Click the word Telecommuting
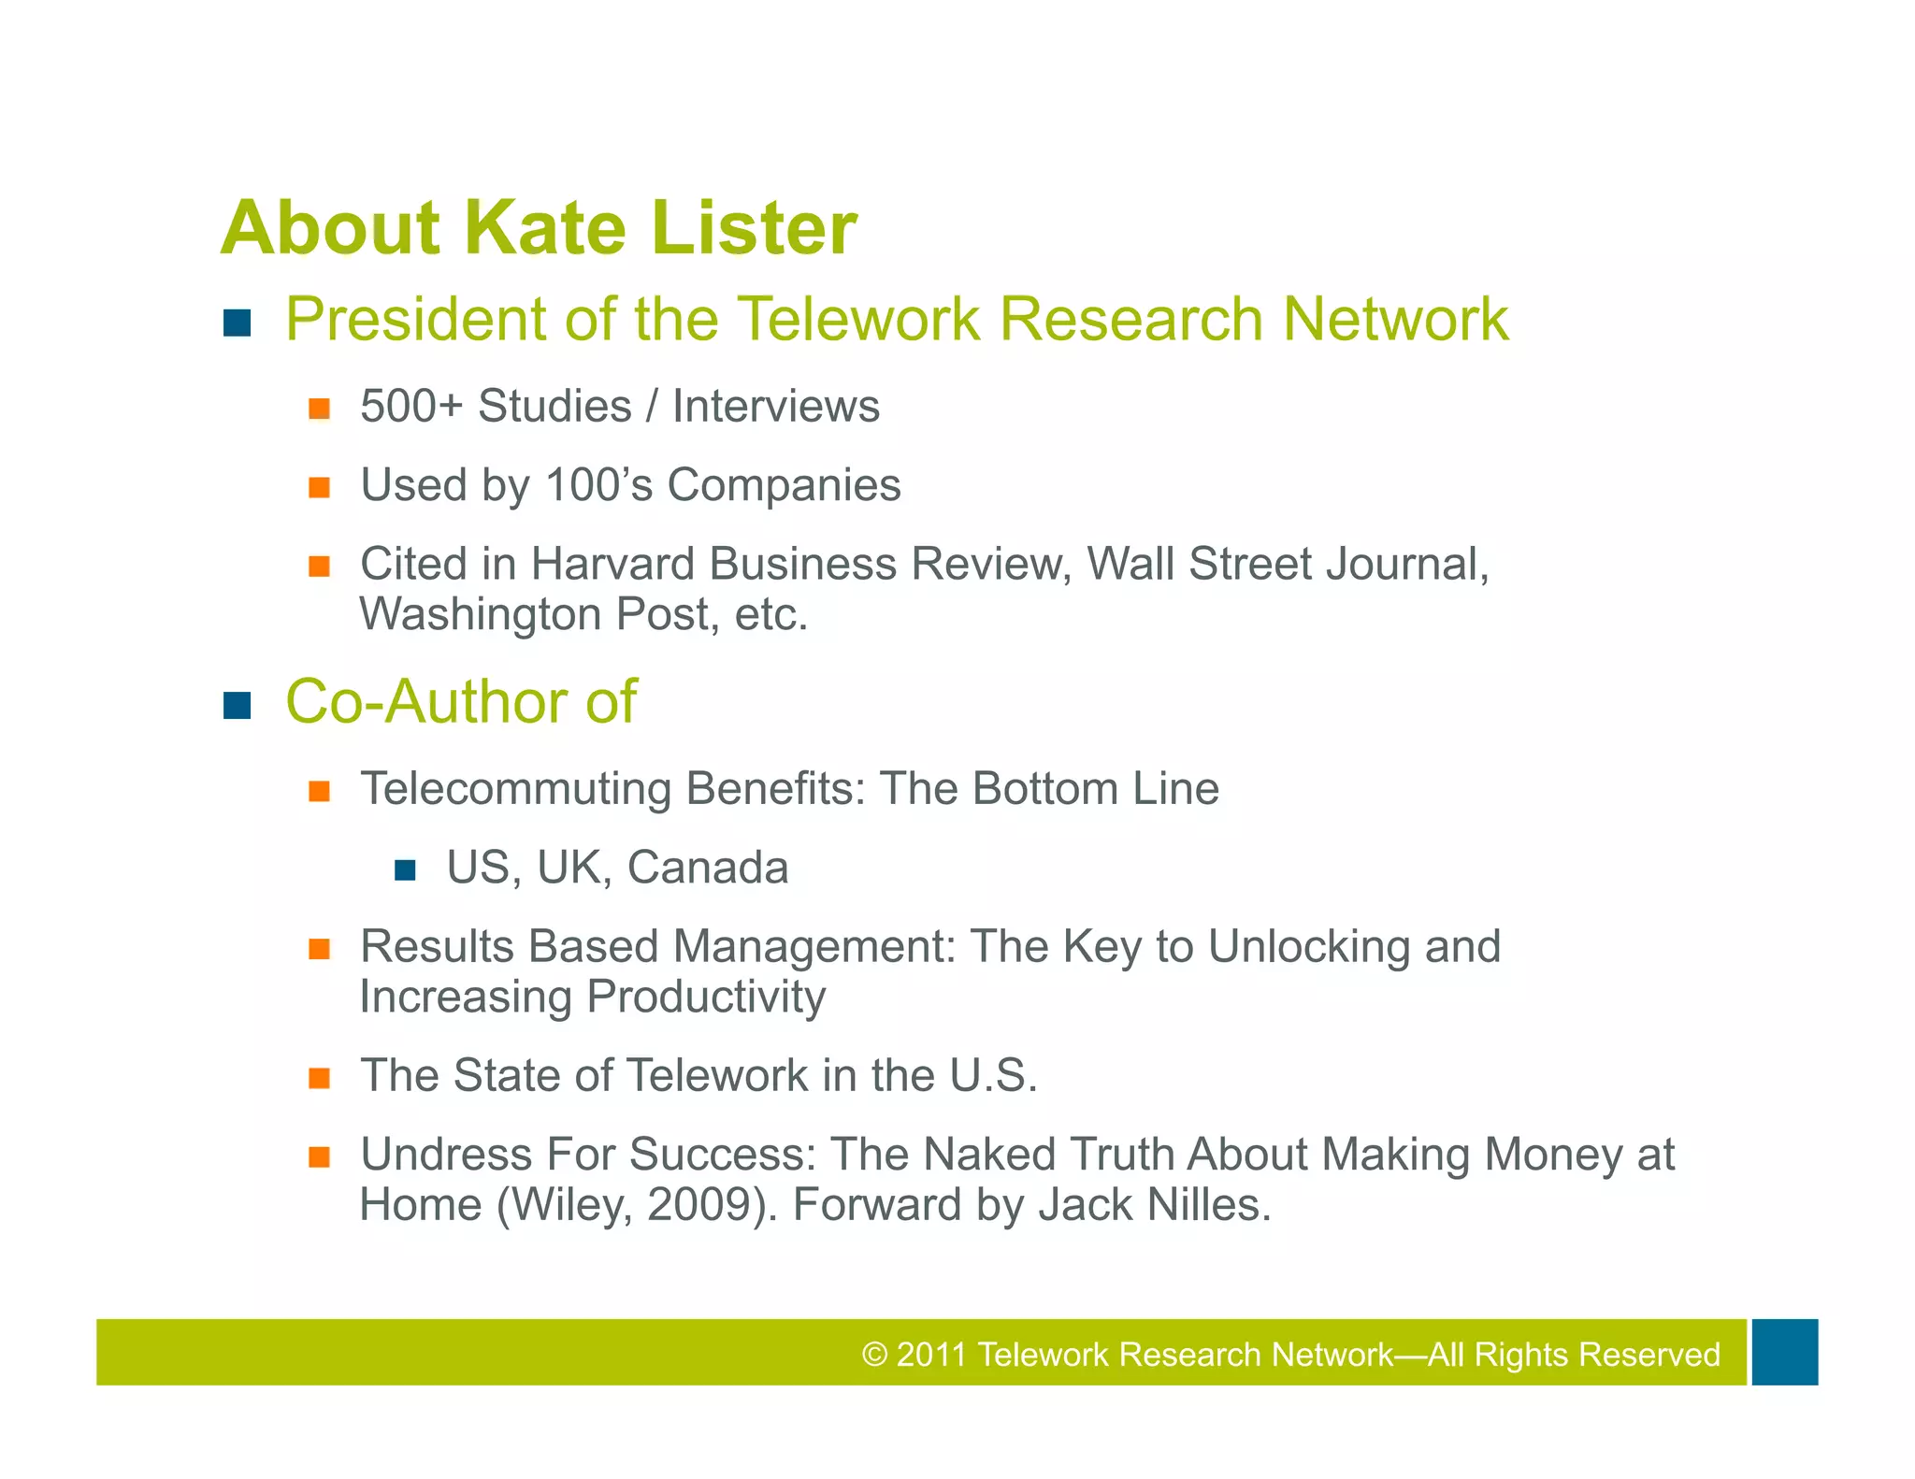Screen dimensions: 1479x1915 (515, 789)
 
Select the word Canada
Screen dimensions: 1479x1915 (707, 868)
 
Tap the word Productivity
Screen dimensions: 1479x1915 (706, 997)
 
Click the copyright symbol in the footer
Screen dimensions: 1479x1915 (874, 1355)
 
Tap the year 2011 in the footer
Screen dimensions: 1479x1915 (930, 1355)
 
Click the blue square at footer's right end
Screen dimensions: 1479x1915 (1784, 1352)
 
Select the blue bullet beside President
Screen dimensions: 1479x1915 (238, 323)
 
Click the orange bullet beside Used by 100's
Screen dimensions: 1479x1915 (320, 488)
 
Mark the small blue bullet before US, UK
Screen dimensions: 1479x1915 (405, 871)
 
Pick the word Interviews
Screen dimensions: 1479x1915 (776, 407)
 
